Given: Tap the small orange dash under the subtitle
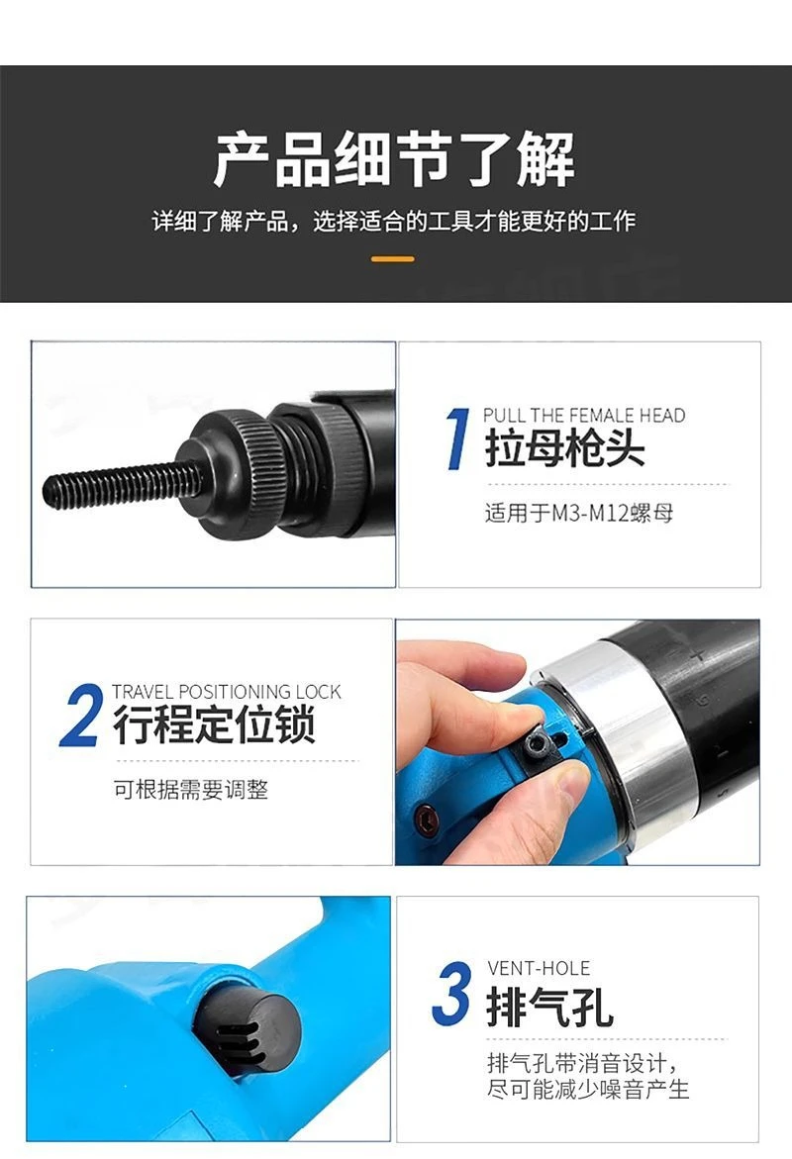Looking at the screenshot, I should (x=393, y=259).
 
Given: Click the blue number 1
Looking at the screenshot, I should (x=456, y=437).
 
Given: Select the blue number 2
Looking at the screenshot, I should (x=81, y=715).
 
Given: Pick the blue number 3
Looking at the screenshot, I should (x=451, y=996).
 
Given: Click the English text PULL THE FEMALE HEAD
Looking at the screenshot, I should (x=584, y=416).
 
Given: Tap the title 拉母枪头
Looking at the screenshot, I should (x=564, y=450).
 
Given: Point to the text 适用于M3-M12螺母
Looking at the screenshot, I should (x=579, y=514).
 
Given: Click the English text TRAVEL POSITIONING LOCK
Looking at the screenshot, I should (x=226, y=692).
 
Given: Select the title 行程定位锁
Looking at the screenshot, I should (x=214, y=726).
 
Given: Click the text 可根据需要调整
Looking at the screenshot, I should (x=190, y=790).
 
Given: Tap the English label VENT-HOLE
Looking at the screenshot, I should (x=539, y=968).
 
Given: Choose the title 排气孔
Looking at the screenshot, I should (x=550, y=1007).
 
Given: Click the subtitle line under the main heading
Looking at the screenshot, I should (x=393, y=221).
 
